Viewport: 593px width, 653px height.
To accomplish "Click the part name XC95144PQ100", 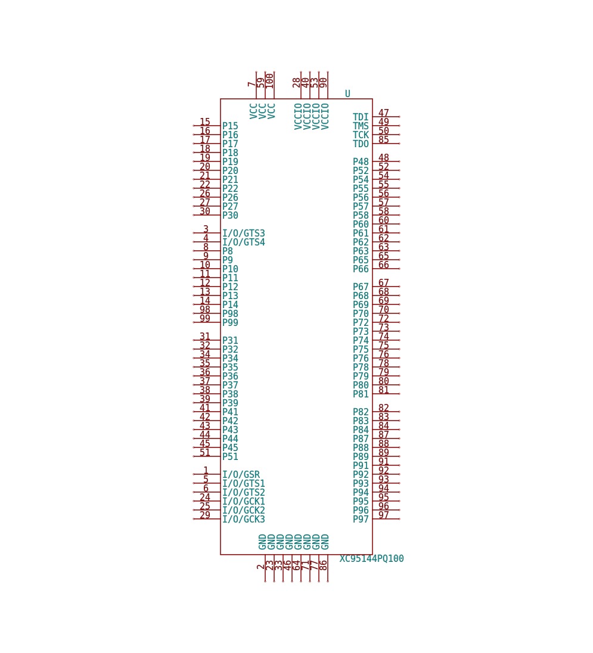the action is [x=371, y=558].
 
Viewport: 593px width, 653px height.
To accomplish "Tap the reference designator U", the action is [x=347, y=94].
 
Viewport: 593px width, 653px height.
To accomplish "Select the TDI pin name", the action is [x=361, y=117].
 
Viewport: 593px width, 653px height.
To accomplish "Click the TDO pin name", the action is [x=361, y=144].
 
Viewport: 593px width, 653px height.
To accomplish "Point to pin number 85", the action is [x=384, y=139].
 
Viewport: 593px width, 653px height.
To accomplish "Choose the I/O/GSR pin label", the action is [x=241, y=474].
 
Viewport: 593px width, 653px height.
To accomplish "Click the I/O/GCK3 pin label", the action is [x=244, y=520].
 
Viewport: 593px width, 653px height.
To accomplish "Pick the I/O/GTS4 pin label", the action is [x=244, y=242].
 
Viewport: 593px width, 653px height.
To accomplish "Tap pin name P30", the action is [x=230, y=215].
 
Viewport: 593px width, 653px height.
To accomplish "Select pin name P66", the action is [x=361, y=269].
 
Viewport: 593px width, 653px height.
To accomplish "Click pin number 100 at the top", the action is [x=269, y=81].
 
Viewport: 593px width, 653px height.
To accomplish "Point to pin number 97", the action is [x=384, y=515].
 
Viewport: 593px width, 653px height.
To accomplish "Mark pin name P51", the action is [x=230, y=456].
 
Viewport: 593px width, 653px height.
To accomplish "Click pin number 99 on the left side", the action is [x=205, y=318].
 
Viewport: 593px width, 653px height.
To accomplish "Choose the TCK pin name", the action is [x=361, y=135].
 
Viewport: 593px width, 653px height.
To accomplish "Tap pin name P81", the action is [x=361, y=394].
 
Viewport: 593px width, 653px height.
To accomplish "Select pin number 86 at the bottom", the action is [x=323, y=565].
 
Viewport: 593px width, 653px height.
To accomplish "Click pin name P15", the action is [x=230, y=126].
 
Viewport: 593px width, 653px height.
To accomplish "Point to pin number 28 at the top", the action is [x=297, y=83].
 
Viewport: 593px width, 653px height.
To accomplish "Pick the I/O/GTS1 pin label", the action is [x=244, y=484].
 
